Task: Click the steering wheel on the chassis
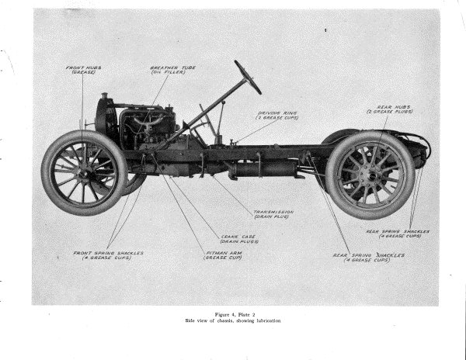[248, 77]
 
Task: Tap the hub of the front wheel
[84, 171]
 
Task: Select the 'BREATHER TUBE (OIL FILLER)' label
[172, 70]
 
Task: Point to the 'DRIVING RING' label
[278, 116]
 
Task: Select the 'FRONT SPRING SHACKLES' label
[108, 255]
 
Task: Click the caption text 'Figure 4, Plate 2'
[232, 313]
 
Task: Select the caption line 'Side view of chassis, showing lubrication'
[232, 320]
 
